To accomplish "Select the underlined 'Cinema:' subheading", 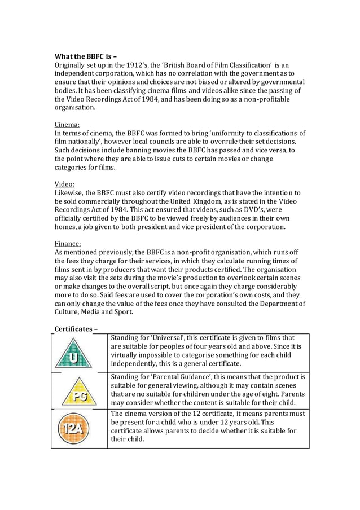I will tap(67, 124).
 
